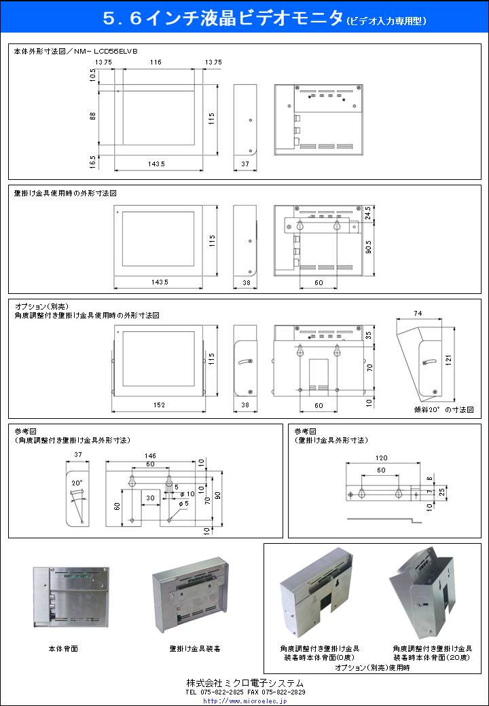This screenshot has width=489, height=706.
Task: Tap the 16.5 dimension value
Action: (x=92, y=161)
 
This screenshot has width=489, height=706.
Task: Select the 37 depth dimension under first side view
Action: (x=245, y=164)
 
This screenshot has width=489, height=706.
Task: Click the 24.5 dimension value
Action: (x=367, y=213)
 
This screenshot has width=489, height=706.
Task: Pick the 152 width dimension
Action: (x=159, y=405)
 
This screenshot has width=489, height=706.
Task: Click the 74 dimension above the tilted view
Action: (x=417, y=313)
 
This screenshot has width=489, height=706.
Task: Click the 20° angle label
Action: (x=77, y=483)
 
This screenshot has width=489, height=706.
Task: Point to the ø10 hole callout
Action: (x=186, y=494)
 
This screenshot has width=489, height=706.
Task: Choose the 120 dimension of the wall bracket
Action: (x=382, y=458)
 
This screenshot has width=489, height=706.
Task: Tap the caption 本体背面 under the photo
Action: (x=63, y=649)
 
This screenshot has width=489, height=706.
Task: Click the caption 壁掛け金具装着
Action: (x=195, y=649)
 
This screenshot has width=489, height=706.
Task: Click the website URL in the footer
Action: (x=245, y=701)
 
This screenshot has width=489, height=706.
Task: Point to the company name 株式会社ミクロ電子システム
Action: (x=244, y=683)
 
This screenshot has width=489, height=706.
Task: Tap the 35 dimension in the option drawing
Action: (x=367, y=335)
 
